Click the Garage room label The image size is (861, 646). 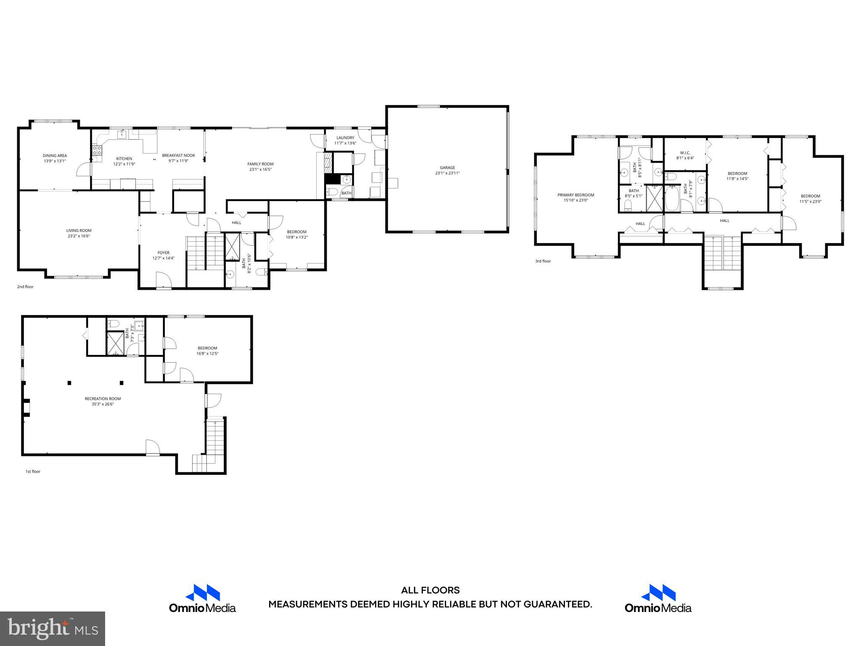(447, 167)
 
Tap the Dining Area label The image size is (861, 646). (55, 156)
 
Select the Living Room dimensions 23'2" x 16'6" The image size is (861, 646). (79, 236)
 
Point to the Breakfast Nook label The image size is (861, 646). (178, 155)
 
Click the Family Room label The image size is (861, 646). (260, 164)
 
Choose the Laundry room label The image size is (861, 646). (345, 138)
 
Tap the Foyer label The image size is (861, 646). (163, 253)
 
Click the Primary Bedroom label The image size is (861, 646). (576, 195)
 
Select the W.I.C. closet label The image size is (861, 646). (685, 153)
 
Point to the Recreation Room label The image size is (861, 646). (103, 399)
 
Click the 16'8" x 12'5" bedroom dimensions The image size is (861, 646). (207, 354)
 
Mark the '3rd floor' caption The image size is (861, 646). (543, 261)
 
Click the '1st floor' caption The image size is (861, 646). (33, 471)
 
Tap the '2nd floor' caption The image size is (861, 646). (25, 287)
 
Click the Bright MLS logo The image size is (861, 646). (53, 628)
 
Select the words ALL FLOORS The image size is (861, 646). (430, 590)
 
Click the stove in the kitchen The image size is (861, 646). (97, 150)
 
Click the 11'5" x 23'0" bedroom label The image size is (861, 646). (810, 196)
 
